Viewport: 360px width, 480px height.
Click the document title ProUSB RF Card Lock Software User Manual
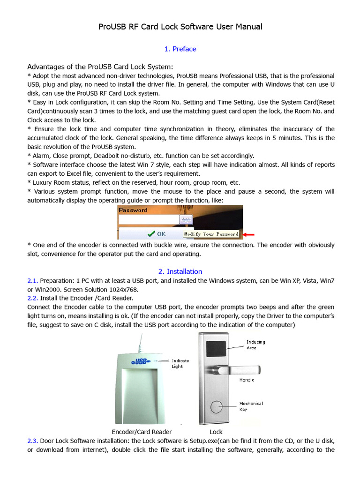coord(180,27)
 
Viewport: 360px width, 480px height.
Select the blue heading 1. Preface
coord(180,49)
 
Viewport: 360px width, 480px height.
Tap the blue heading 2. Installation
coord(180,271)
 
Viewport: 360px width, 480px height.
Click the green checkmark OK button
coord(157,233)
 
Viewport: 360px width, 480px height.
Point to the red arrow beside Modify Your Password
coord(248,234)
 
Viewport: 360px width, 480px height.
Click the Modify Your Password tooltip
coord(211,234)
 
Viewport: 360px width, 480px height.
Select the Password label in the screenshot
coord(133,210)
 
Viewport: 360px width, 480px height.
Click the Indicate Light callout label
coord(180,363)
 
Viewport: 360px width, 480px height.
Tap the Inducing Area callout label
coord(255,345)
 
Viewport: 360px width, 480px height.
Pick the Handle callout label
coord(247,380)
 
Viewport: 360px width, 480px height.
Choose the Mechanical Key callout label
coord(251,406)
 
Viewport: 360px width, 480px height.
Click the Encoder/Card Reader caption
coord(142,432)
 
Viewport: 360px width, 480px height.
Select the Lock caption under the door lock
coord(216,432)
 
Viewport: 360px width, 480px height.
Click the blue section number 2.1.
coord(32,280)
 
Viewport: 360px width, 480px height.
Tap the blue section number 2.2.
coord(32,298)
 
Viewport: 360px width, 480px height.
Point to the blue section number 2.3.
coord(32,441)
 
